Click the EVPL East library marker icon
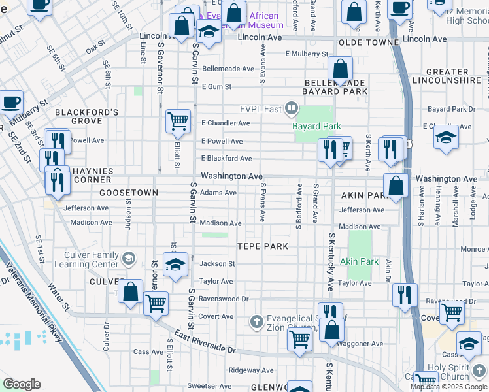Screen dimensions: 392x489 point(292,108)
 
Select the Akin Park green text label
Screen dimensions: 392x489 point(360,261)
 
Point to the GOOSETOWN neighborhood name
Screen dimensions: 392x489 point(129,193)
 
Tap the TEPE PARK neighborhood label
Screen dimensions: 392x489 point(262,245)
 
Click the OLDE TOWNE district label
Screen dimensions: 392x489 point(369,42)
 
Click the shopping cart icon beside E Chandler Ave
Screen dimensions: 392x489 point(178,121)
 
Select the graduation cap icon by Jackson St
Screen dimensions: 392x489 point(175,265)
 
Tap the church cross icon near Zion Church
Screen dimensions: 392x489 point(256,321)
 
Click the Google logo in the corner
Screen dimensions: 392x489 point(22,384)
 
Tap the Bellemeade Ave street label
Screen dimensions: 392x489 point(228,69)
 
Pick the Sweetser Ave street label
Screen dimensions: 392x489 point(210,386)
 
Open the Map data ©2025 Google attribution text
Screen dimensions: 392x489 point(449,387)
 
